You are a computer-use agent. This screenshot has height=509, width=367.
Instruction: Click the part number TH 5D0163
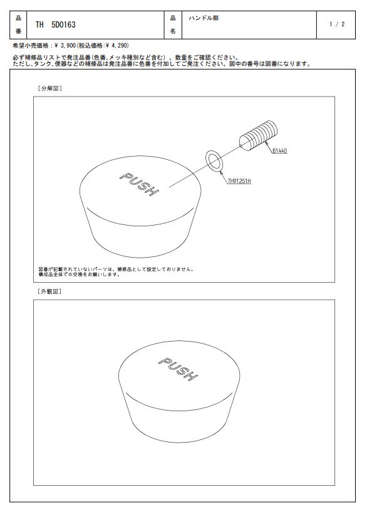click(x=56, y=24)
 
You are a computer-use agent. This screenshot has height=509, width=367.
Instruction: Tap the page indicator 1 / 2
click(x=337, y=24)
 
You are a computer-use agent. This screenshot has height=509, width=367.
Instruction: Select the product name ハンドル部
click(x=204, y=18)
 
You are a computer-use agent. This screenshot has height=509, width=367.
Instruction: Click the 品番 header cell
click(x=18, y=24)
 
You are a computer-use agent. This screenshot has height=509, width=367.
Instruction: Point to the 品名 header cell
click(x=173, y=24)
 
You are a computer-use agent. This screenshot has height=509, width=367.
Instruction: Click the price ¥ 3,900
click(x=65, y=45)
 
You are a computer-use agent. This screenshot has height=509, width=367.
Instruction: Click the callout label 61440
click(x=279, y=151)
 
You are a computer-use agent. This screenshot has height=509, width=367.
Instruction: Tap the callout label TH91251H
click(x=239, y=181)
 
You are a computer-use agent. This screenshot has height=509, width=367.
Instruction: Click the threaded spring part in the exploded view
click(x=259, y=135)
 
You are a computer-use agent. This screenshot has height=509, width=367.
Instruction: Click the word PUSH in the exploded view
click(x=139, y=184)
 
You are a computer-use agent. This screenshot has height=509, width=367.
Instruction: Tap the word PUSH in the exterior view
click(x=178, y=369)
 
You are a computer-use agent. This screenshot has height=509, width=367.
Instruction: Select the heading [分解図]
click(x=49, y=88)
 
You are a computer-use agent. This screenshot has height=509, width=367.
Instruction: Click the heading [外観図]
click(x=49, y=291)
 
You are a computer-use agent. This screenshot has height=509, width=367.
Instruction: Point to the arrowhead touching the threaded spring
click(x=267, y=143)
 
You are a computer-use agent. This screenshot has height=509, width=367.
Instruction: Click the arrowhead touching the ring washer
click(x=222, y=172)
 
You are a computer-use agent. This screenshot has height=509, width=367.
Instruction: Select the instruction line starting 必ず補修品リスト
click(x=126, y=58)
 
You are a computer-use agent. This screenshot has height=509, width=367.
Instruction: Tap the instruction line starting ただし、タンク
click(x=162, y=64)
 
